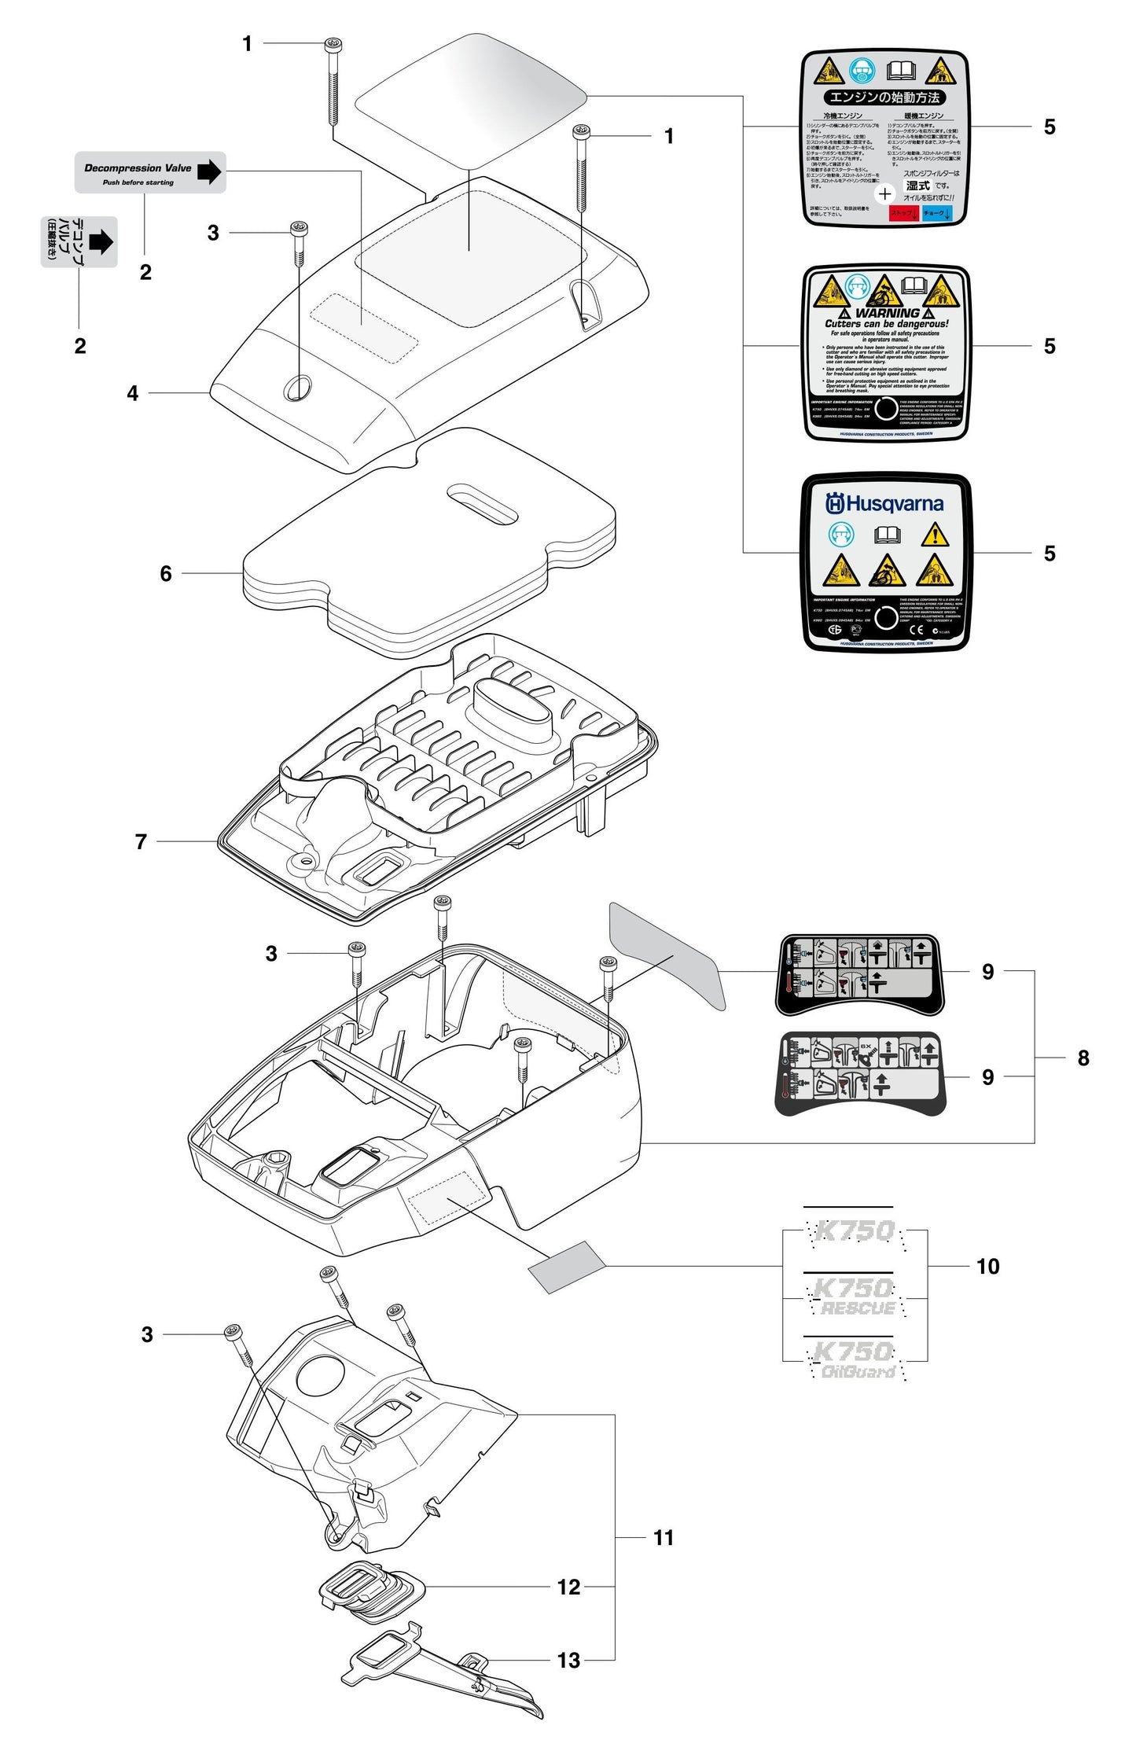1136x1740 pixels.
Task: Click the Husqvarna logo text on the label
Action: (x=884, y=503)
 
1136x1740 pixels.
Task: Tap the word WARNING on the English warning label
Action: (x=887, y=313)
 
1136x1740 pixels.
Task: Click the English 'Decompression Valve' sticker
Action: (x=150, y=172)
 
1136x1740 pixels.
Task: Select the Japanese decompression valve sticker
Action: (x=79, y=241)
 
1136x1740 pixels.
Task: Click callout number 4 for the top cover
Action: (x=133, y=393)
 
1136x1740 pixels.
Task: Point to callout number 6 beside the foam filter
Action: (x=166, y=573)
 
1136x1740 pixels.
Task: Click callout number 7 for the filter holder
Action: (x=142, y=841)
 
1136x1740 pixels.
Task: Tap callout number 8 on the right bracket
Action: (x=1083, y=1058)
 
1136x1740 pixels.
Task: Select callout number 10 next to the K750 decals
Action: (x=987, y=1266)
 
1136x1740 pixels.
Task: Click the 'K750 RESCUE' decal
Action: (x=855, y=1297)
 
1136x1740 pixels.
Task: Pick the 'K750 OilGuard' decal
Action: (x=855, y=1361)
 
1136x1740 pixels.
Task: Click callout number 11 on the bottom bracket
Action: (x=664, y=1537)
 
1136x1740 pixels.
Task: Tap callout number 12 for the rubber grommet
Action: (x=568, y=1587)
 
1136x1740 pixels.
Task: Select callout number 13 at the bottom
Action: (x=568, y=1660)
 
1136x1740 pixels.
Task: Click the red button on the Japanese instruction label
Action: (x=903, y=213)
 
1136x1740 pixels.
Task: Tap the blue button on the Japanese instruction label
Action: (x=937, y=213)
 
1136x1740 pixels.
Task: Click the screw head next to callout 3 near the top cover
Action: (x=299, y=229)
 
